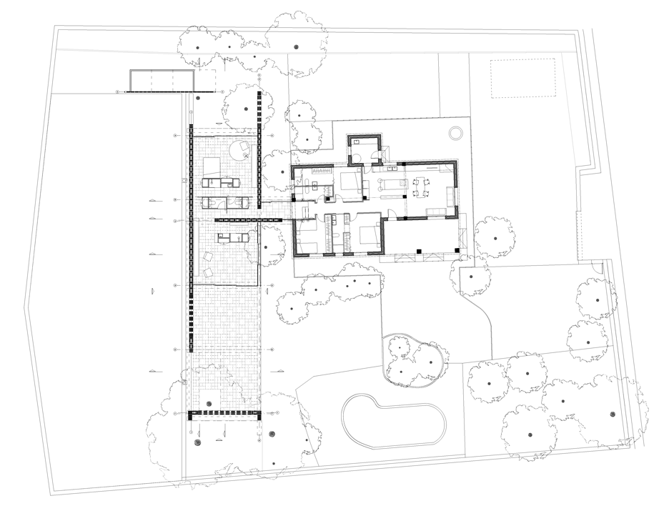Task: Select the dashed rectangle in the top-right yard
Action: pyautogui.click(x=522, y=79)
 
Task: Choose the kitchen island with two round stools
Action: pyautogui.click(x=389, y=186)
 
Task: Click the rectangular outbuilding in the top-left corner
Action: pyautogui.click(x=162, y=81)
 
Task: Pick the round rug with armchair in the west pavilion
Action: pyautogui.click(x=244, y=149)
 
